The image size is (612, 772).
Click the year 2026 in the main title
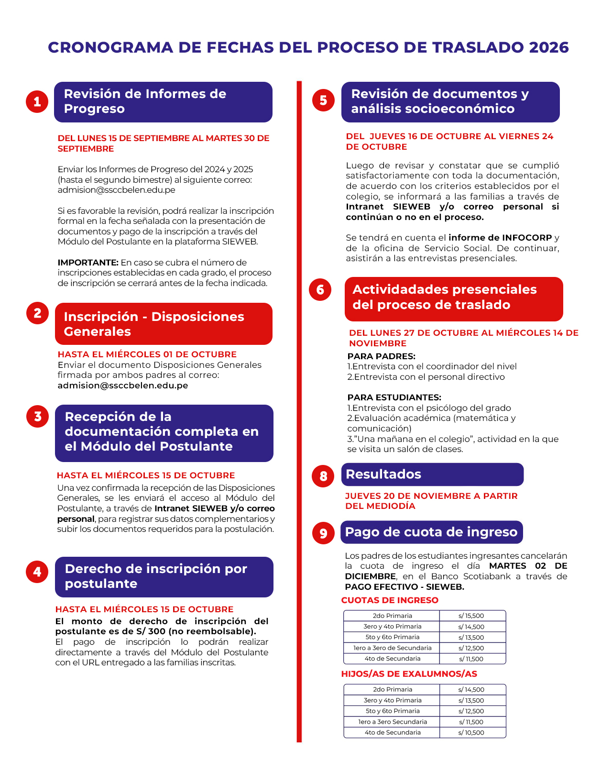point(549,47)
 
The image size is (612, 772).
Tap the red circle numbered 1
point(37,102)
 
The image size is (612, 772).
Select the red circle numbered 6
point(320,289)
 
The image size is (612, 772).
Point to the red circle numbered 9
point(323,533)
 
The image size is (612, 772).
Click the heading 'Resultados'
point(383,474)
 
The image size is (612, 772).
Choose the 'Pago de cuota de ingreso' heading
point(431,532)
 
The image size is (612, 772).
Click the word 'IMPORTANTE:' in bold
point(88,263)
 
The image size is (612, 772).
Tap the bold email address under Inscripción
point(123,386)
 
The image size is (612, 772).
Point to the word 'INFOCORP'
point(527,238)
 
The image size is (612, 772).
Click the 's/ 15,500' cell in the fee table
point(471,616)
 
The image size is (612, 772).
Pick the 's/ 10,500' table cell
point(471,733)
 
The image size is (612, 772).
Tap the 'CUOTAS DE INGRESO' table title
point(390,600)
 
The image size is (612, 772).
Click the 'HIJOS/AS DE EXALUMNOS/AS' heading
point(409,674)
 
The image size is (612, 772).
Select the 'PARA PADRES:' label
point(381,356)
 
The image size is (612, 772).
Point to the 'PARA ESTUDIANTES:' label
point(394,397)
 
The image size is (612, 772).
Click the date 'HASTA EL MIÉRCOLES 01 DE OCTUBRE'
point(147,354)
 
